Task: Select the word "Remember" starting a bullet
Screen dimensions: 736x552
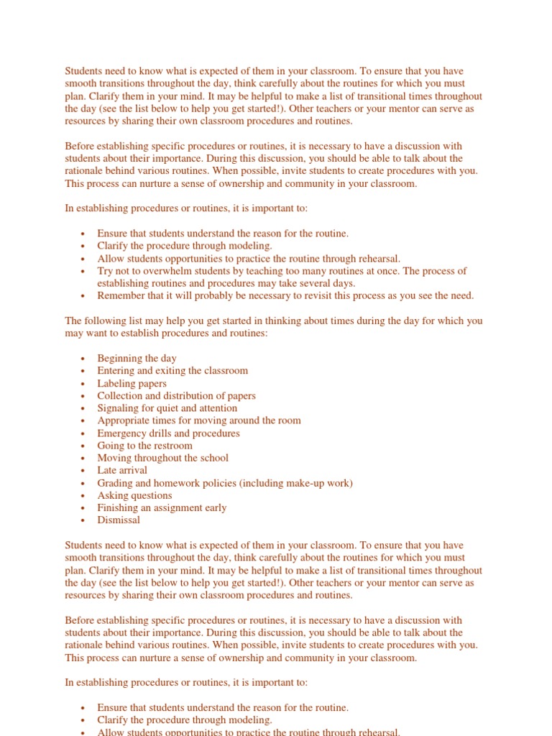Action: click(119, 295)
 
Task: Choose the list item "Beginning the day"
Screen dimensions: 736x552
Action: click(137, 359)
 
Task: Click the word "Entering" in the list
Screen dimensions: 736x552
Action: click(116, 371)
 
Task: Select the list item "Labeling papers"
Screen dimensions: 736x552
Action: click(132, 384)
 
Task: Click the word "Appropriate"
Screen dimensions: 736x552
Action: click(124, 420)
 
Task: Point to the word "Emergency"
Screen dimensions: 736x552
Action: click(121, 433)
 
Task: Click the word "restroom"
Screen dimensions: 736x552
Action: click(172, 446)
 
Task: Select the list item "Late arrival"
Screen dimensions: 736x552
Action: click(122, 470)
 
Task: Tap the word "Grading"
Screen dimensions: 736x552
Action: click(115, 483)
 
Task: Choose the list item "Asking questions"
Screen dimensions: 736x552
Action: click(134, 495)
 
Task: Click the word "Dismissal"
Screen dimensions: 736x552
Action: click(119, 520)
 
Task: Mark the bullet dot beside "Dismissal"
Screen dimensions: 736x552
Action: click(83, 520)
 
